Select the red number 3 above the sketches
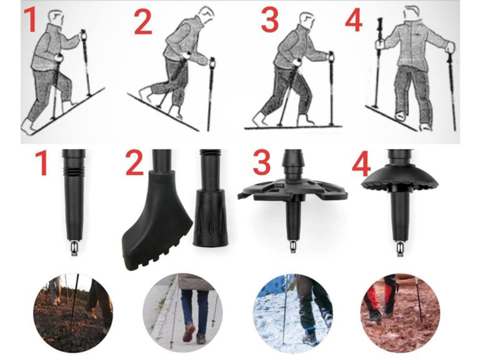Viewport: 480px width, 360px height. click(269, 20)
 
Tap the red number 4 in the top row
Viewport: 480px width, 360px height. click(354, 21)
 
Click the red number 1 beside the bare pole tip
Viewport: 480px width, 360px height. click(42, 164)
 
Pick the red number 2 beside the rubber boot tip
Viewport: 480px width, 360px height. click(134, 164)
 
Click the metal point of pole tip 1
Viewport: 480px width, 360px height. click(74, 249)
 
